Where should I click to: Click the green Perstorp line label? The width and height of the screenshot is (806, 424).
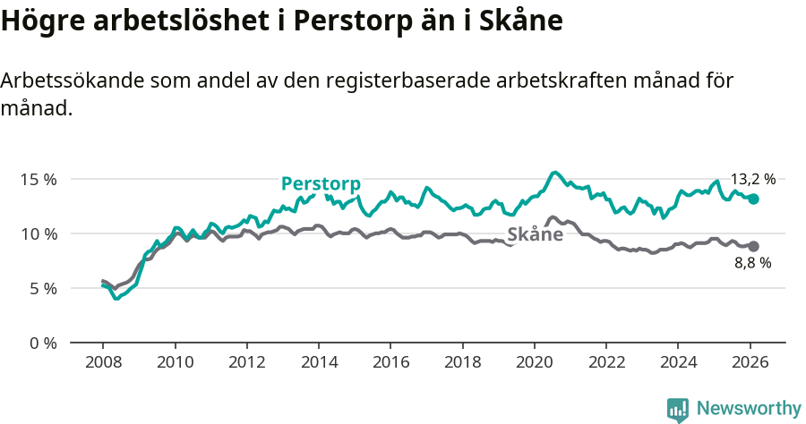pos(321,184)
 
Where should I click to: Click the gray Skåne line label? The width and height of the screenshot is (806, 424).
pos(535,235)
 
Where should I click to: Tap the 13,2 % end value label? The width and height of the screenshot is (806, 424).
pos(752,179)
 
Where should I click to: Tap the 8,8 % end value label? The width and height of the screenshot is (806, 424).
pos(752,263)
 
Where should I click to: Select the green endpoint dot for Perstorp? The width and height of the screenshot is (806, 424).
pos(754,199)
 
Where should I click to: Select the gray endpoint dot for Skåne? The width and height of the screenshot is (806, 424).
pos(754,246)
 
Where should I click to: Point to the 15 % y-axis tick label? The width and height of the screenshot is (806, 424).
pos(39,179)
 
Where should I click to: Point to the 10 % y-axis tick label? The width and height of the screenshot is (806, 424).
pos(39,233)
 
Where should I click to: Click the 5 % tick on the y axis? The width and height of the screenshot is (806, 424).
pos(43,288)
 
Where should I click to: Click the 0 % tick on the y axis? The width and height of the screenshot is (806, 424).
pos(43,343)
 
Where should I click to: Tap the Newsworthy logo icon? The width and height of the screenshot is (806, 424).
pos(677,410)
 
